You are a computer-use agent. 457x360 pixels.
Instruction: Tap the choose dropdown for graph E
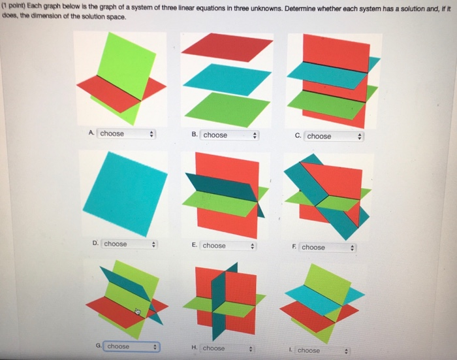228,246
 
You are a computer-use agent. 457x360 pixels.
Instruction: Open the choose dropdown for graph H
229,348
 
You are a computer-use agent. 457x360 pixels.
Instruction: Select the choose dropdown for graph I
322,350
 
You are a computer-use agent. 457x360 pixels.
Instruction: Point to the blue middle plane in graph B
227,79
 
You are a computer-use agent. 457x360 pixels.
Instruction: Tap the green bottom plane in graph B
227,108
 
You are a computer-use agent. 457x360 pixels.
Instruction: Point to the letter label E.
194,246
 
